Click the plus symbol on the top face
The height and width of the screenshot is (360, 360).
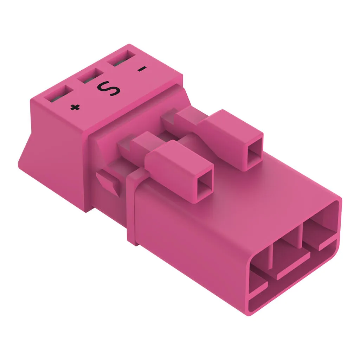(x=75, y=107)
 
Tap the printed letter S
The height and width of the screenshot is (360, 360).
(x=109, y=88)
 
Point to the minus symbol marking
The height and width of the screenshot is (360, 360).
(x=142, y=69)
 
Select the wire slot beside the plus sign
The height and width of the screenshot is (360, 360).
(x=59, y=94)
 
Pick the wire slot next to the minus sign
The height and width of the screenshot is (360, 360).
(x=120, y=58)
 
